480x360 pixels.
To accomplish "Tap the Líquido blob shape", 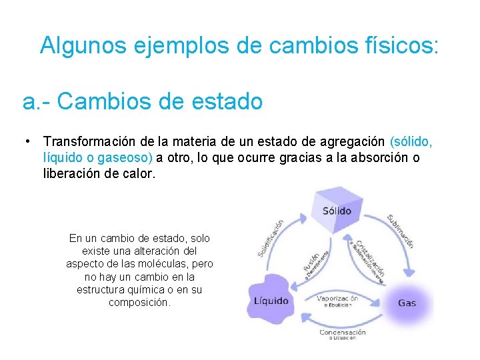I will click(271, 301).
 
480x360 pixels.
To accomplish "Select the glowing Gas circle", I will click(407, 303).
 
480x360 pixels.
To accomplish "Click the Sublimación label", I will click(401, 231).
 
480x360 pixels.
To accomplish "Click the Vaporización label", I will click(337, 299).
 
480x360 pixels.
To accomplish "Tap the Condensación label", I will click(342, 332).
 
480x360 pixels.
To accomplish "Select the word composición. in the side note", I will click(139, 302).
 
